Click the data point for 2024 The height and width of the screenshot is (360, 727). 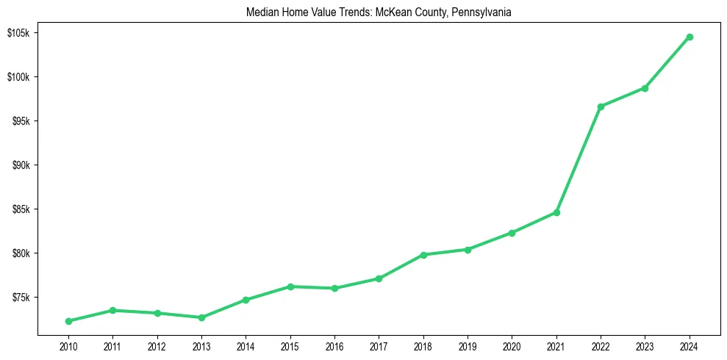tap(690, 37)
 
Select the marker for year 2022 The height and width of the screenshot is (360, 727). tap(601, 107)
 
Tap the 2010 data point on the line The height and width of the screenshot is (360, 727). tap(68, 321)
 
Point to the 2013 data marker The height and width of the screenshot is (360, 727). tap(201, 317)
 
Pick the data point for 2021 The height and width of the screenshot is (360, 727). tap(556, 212)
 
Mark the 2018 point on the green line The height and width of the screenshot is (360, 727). tap(423, 255)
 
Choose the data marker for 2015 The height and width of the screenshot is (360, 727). tap(290, 287)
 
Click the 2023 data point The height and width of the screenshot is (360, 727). tap(645, 88)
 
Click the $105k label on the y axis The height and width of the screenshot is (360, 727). tap(18, 33)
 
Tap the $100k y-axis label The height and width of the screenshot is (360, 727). tap(18, 77)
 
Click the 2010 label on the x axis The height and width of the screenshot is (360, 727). tap(68, 345)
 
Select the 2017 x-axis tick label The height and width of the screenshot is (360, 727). tap(379, 345)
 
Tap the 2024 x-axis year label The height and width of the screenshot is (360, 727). tap(690, 345)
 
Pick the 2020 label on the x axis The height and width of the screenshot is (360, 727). tap(512, 345)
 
